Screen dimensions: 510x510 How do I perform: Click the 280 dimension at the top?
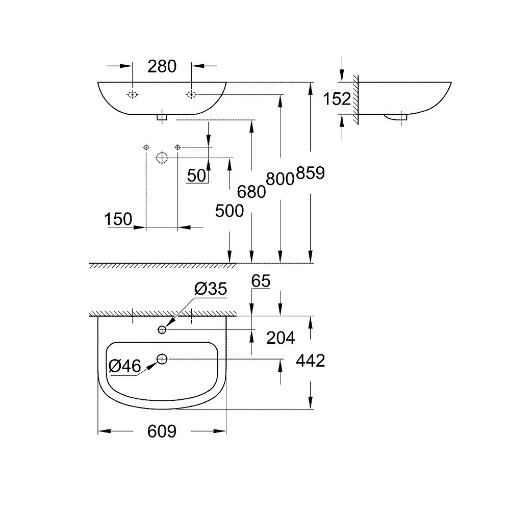pos(162,66)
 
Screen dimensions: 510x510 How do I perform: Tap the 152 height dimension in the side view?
pos(337,98)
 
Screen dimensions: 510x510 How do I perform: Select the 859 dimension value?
pos(310,173)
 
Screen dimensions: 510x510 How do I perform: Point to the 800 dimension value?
pos(280,178)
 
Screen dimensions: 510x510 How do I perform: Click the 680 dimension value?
pos(251,192)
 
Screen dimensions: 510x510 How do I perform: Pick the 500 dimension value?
pos(229,211)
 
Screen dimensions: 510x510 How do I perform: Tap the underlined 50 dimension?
pos(197,175)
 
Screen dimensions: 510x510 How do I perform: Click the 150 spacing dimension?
pos(118,219)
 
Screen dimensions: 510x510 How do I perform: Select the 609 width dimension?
pos(162,431)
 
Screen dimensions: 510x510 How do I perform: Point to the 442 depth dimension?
pos(310,361)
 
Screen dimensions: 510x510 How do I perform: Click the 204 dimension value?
pos(280,338)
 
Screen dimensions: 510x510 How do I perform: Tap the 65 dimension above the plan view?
pos(261,281)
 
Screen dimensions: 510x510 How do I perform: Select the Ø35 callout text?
pos(211,289)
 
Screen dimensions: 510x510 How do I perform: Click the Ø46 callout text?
pos(125,366)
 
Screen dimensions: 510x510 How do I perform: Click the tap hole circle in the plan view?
pos(162,330)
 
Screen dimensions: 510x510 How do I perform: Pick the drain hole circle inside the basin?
pos(162,359)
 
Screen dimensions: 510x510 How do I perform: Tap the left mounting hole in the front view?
pos(133,95)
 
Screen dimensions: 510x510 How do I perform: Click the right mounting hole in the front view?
pos(191,95)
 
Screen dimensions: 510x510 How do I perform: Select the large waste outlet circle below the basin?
pos(162,158)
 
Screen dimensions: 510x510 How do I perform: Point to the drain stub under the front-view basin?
pos(162,117)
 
